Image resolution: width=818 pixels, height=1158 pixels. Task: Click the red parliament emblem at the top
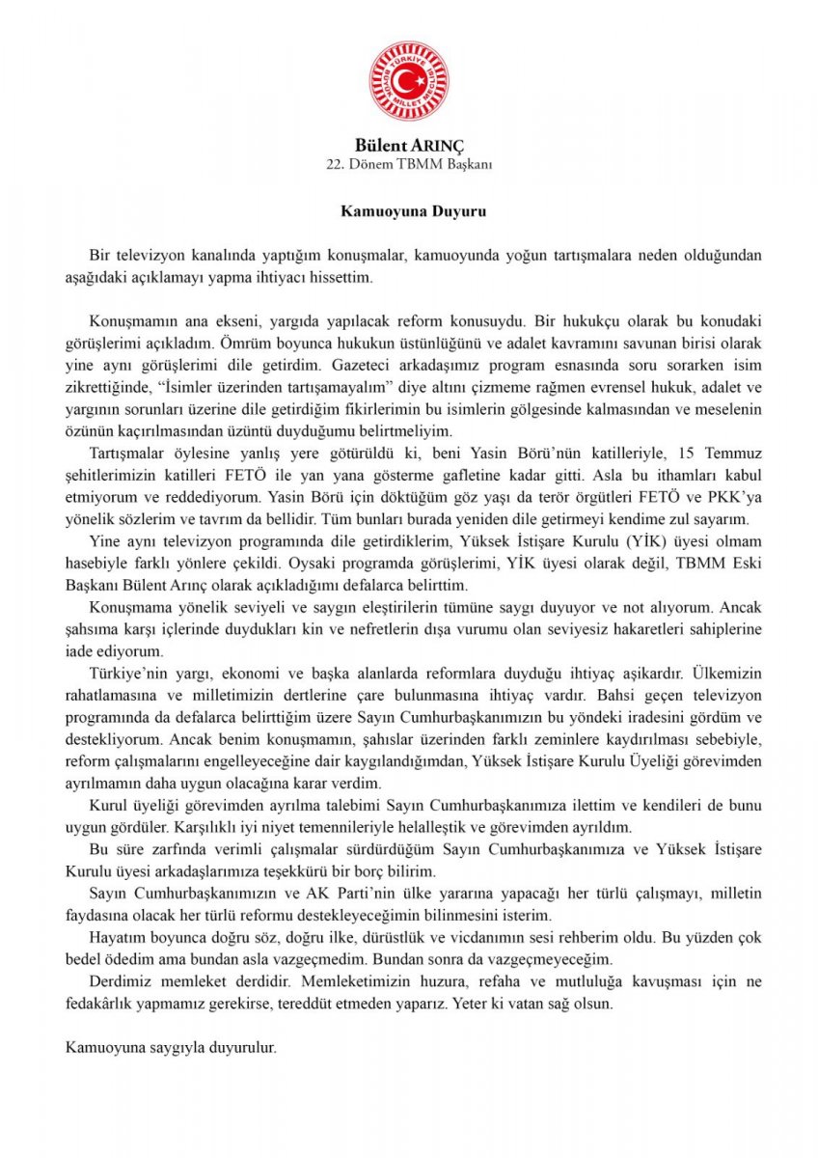[x=408, y=81]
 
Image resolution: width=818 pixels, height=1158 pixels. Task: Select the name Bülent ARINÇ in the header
[x=409, y=145]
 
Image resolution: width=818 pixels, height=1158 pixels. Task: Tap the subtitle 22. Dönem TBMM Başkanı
[x=409, y=164]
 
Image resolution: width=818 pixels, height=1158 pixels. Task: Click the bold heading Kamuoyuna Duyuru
[x=409, y=209]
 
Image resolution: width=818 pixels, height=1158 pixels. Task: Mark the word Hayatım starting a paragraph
[x=116, y=937]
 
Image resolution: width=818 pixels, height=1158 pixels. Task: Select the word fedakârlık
[x=106, y=1003]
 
